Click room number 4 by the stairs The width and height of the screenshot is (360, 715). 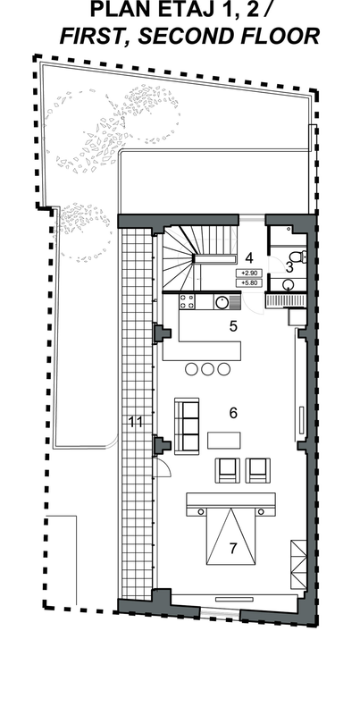click(x=249, y=258)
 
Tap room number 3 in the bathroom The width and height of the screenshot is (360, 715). click(x=289, y=267)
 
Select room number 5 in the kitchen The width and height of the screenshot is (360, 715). click(x=233, y=326)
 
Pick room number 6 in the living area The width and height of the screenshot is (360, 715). click(x=233, y=413)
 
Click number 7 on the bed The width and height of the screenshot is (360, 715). click(x=233, y=548)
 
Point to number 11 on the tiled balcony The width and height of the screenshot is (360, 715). click(x=136, y=422)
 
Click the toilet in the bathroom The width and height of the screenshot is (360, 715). click(x=297, y=257)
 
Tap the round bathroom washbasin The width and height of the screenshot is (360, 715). click(x=289, y=285)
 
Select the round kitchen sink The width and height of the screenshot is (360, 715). click(x=222, y=302)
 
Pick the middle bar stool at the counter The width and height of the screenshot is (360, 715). click(x=208, y=369)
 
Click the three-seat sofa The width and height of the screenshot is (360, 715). click(x=187, y=426)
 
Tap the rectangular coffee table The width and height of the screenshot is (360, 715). click(x=223, y=440)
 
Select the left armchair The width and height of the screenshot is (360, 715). click(x=228, y=471)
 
